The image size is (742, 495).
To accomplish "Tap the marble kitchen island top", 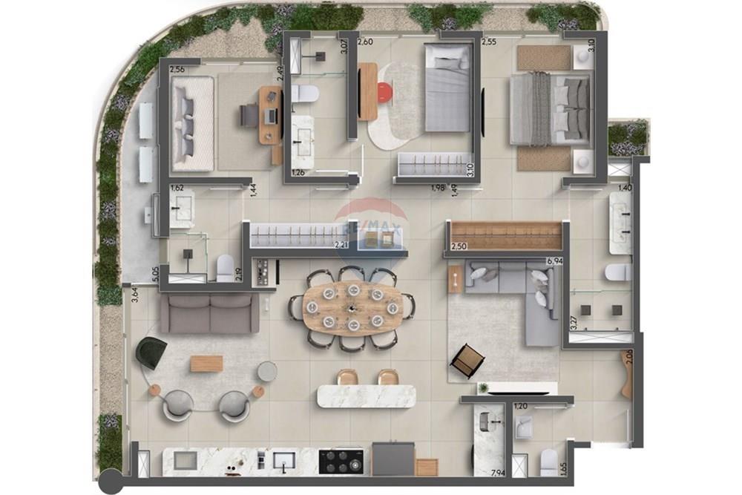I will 367,396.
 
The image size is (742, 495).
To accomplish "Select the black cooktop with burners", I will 341,461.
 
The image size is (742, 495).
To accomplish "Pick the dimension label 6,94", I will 554,262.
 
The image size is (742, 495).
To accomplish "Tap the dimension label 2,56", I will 177,70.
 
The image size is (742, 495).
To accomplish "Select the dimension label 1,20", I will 520,407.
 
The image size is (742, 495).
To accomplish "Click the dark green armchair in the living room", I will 151,353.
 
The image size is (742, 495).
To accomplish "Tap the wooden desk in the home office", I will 270,115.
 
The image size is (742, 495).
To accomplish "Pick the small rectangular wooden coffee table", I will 206,364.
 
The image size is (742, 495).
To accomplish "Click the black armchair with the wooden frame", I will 467,361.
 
